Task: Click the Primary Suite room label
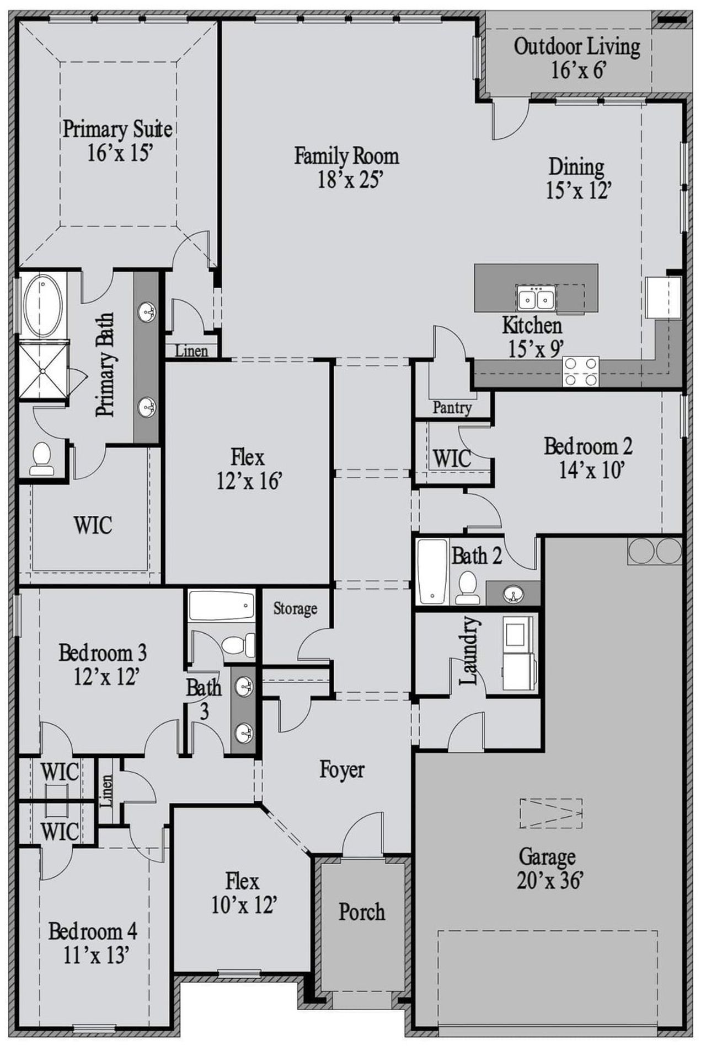117,129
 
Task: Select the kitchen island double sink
536,299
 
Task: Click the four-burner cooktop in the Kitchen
580,371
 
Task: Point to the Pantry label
452,408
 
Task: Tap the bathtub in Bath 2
432,571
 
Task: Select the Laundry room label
469,650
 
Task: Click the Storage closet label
295,608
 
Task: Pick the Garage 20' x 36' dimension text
549,881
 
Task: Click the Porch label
361,912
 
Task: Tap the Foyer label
342,770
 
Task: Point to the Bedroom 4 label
93,931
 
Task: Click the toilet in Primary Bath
41,459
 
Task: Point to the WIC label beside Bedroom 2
452,458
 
